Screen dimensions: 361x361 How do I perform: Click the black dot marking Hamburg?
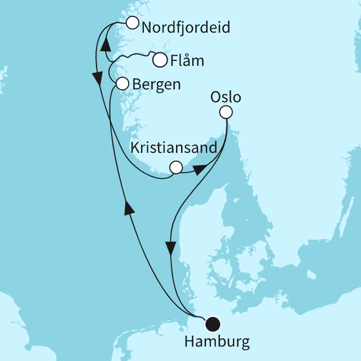[x=213, y=324]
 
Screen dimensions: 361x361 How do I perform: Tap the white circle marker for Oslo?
[x=226, y=112]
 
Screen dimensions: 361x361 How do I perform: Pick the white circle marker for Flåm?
[x=160, y=59]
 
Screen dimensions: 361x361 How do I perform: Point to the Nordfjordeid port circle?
[x=132, y=23]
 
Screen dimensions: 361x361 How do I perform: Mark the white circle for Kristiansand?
[x=176, y=168]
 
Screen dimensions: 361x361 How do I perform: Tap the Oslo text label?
[x=226, y=97]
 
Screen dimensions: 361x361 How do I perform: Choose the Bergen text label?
[x=156, y=85]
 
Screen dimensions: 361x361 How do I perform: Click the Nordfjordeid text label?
[x=186, y=27]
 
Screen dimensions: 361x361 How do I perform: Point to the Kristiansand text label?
[x=173, y=148]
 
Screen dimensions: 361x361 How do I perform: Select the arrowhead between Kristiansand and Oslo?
[x=200, y=169]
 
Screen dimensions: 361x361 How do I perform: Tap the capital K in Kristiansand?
[x=135, y=148]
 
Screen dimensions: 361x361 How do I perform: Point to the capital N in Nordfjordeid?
[x=148, y=27]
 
